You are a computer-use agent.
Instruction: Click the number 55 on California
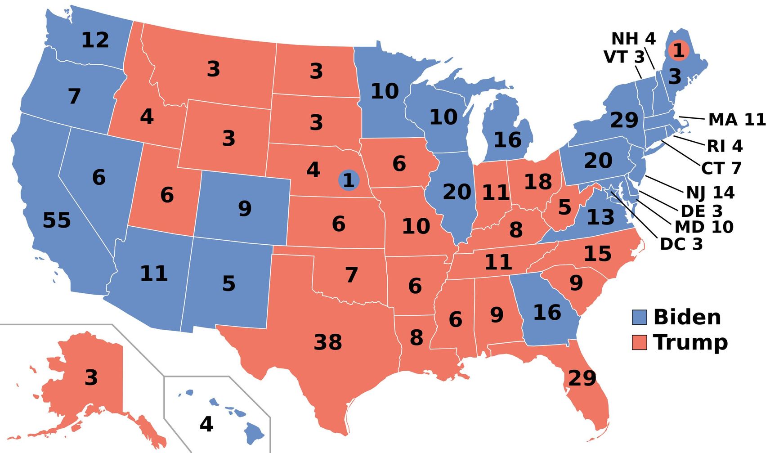coord(57,220)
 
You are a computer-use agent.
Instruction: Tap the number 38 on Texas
coord(328,342)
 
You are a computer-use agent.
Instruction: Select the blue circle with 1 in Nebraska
coord(349,180)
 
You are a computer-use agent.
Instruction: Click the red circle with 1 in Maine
coord(678,50)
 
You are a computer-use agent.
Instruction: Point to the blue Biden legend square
coord(639,317)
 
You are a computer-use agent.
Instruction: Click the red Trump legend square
coord(639,342)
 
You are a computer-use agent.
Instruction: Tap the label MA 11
coord(737,120)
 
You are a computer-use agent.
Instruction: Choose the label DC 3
coord(681,244)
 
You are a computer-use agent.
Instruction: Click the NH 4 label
coord(633,39)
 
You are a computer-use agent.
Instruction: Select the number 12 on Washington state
coord(95,40)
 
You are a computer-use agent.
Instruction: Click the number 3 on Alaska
coord(91,377)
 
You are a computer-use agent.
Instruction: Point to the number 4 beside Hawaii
coord(206,424)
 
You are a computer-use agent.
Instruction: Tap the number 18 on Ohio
coord(538,182)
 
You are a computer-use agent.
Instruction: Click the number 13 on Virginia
coord(600,218)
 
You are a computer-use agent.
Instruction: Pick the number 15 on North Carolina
coord(597,254)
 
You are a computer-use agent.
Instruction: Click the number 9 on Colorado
coord(245,209)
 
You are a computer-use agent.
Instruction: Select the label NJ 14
coord(710,193)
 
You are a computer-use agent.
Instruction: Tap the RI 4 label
coord(724,146)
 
